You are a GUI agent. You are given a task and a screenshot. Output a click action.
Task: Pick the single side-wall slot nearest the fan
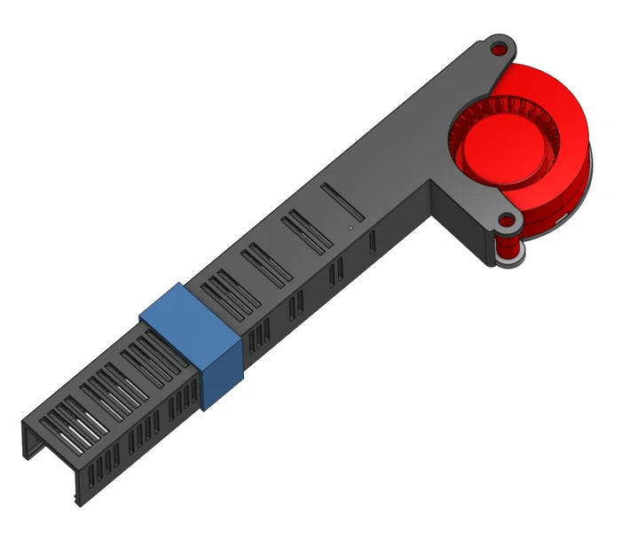pyautogui.click(x=372, y=241)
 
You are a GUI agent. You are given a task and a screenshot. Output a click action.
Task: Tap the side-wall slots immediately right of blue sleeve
pyautogui.click(x=258, y=336)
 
